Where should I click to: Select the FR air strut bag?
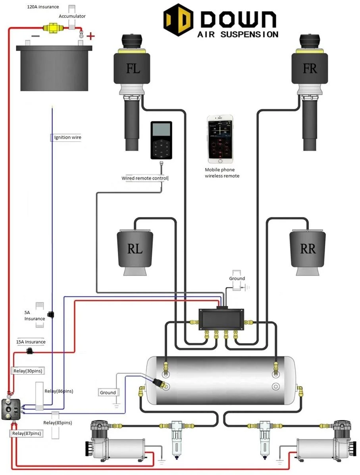pyautogui.click(x=310, y=68)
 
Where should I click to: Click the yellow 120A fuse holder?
pyautogui.click(x=51, y=28)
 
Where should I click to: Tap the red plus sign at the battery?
pyautogui.click(x=91, y=37)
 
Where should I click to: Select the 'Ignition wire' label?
pyautogui.click(x=68, y=137)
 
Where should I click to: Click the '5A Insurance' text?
pyautogui.click(x=35, y=315)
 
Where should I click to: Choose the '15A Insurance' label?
pyautogui.click(x=31, y=342)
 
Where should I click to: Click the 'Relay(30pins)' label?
pyautogui.click(x=28, y=371)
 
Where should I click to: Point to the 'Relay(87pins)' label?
pyautogui.click(x=26, y=433)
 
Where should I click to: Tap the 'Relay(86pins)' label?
pyautogui.click(x=59, y=391)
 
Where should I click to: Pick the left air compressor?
pyautogui.click(x=115, y=441)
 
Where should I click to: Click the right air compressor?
pyautogui.click(x=323, y=441)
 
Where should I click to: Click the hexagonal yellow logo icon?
pyautogui.click(x=178, y=20)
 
